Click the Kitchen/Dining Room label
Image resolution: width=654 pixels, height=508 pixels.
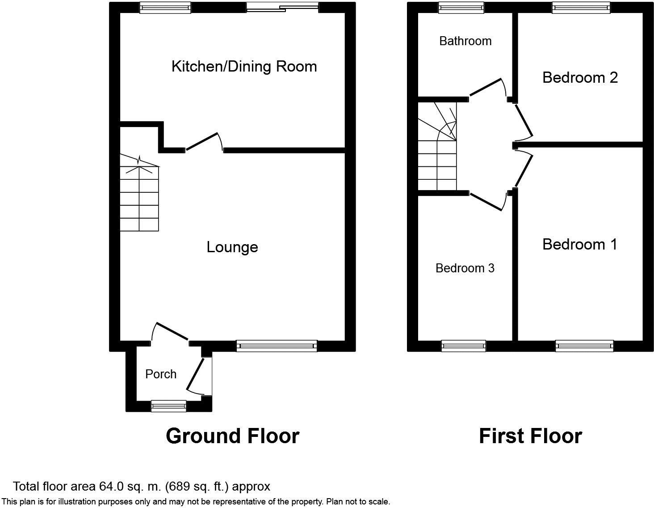pyautogui.click(x=244, y=67)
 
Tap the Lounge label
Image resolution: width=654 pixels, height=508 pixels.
pyautogui.click(x=232, y=247)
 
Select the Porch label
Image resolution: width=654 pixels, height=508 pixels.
pyautogui.click(x=161, y=374)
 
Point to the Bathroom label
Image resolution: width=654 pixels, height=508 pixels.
pyautogui.click(x=465, y=41)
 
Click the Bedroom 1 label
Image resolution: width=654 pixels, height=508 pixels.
pyautogui.click(x=580, y=244)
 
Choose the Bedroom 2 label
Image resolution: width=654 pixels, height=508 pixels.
pyautogui.click(x=580, y=78)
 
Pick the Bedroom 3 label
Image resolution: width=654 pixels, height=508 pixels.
pyautogui.click(x=465, y=268)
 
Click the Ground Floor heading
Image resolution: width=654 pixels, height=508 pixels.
pyautogui.click(x=233, y=436)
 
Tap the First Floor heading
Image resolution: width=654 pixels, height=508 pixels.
pyautogui.click(x=530, y=436)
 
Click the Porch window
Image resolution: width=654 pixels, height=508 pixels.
pyautogui.click(x=168, y=406)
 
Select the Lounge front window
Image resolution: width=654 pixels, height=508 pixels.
pyautogui.click(x=277, y=346)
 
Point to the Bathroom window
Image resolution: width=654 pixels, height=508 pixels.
pyautogui.click(x=461, y=8)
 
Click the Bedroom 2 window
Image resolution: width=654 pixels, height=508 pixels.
pyautogui.click(x=581, y=8)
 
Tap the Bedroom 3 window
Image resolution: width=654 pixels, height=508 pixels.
pyautogui.click(x=464, y=346)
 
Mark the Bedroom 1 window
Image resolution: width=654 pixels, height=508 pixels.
pyautogui.click(x=584, y=346)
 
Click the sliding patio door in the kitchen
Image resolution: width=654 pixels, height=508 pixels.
pyautogui.click(x=282, y=8)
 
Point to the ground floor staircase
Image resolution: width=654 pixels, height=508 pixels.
pyautogui.click(x=139, y=193)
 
